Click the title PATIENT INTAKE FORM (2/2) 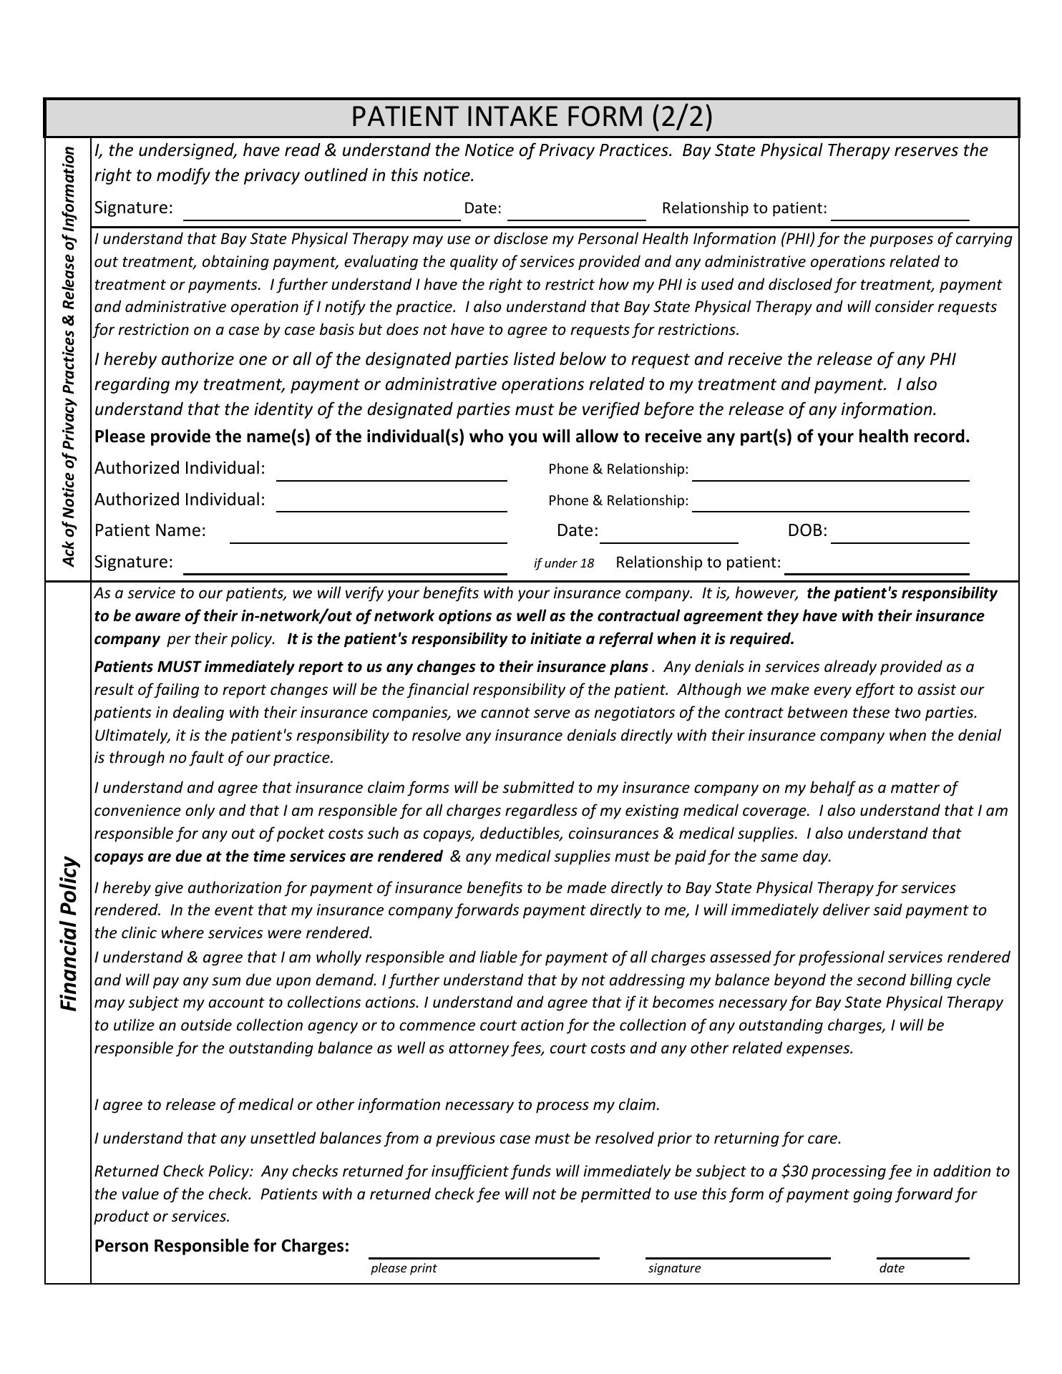[531, 117]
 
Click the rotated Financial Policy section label [69, 933]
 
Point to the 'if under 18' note [564, 563]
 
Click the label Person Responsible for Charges [222, 1246]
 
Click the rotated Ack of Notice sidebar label [69, 356]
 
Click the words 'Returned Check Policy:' [174, 1171]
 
